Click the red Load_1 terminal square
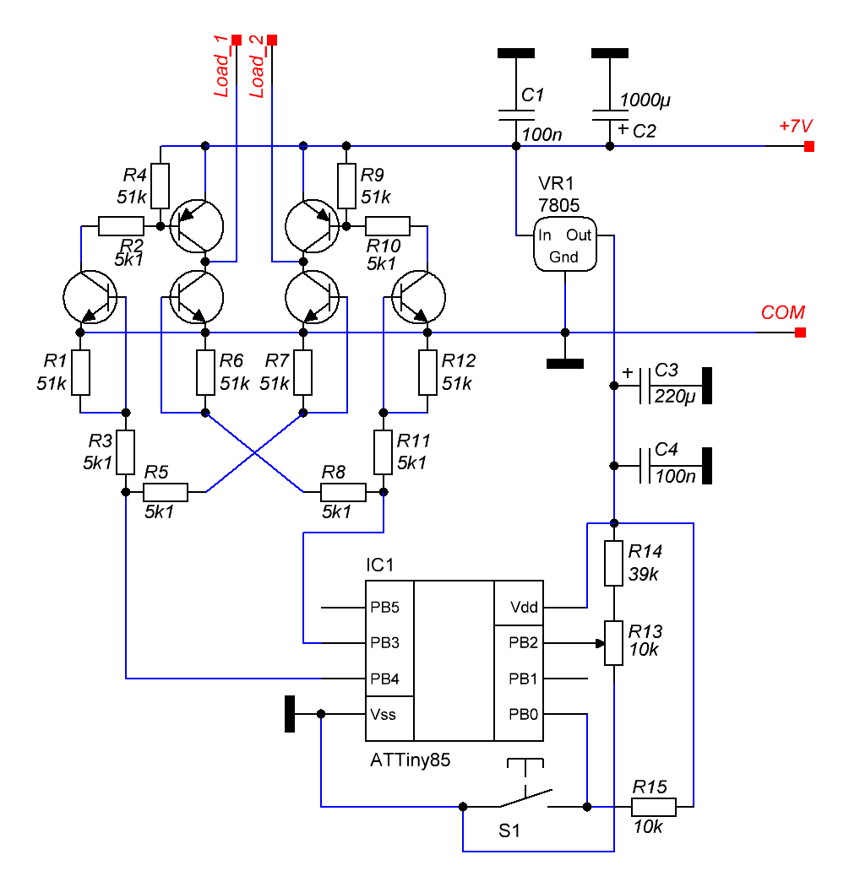point(237,39)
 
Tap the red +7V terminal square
point(809,147)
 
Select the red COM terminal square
point(800,333)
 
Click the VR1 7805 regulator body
point(564,245)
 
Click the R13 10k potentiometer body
point(614,643)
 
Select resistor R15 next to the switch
point(654,807)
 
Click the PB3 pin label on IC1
point(384,642)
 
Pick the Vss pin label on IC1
point(383,714)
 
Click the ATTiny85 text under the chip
point(411,760)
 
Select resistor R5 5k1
point(166,492)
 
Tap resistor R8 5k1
point(343,492)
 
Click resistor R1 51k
point(80,373)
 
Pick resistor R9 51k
point(346,186)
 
